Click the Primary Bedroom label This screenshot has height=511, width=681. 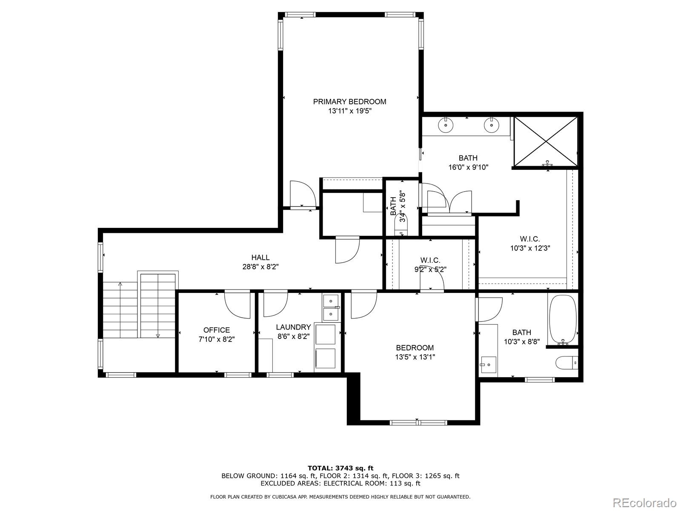349,101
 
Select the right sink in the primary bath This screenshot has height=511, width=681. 491,125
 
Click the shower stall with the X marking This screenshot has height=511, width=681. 546,141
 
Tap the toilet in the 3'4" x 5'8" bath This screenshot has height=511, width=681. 402,224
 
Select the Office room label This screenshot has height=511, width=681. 216,330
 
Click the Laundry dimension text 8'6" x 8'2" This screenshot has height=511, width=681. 293,336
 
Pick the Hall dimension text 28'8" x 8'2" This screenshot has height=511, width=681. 260,267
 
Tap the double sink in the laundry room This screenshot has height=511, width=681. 331,307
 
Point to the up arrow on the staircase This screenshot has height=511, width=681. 120,284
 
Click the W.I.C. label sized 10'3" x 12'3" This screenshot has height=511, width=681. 530,239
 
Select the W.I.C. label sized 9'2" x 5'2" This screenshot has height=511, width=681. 430,260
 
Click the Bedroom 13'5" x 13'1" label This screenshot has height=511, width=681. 415,348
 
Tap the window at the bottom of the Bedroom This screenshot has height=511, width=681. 418,422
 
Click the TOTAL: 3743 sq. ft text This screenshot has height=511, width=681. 340,468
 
